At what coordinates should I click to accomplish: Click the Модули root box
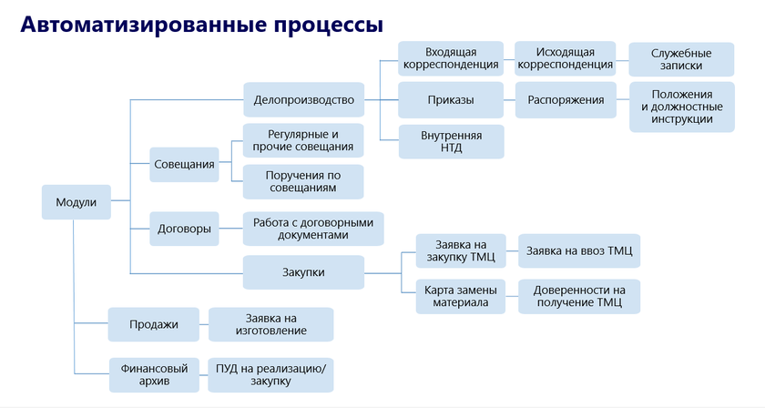click(76, 202)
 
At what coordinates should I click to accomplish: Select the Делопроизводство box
click(303, 99)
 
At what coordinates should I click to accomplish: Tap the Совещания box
click(185, 165)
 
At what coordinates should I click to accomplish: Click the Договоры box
click(185, 229)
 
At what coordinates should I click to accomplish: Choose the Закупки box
click(303, 272)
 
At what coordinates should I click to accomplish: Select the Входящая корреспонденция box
click(451, 58)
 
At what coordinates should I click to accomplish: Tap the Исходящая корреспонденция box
click(565, 58)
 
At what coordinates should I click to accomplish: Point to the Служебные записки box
click(681, 60)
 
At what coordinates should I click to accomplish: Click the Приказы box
click(451, 100)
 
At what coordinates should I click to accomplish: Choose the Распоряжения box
click(565, 100)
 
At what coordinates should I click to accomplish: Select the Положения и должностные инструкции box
click(681, 107)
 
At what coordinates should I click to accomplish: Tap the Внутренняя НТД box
click(451, 141)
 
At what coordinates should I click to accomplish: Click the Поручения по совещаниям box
click(303, 181)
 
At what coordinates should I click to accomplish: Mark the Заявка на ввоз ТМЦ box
click(579, 251)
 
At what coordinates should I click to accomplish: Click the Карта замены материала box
click(461, 296)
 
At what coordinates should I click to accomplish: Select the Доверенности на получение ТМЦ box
click(579, 296)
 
